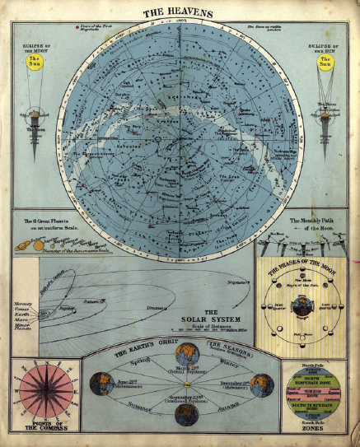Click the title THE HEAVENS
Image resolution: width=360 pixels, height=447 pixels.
point(179,13)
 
